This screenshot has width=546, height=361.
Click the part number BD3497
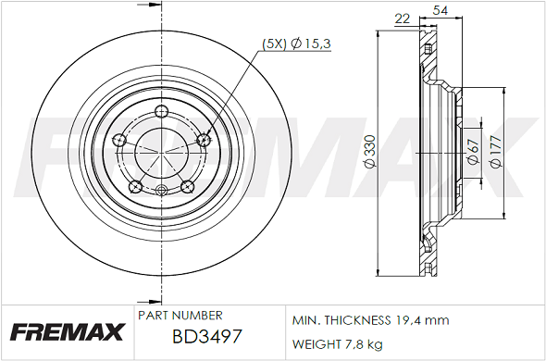[207, 337]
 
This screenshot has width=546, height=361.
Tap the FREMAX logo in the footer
[68, 331]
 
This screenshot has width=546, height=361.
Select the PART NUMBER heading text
[180, 316]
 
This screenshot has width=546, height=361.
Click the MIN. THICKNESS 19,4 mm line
[370, 320]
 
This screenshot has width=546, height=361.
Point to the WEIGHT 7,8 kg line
[337, 344]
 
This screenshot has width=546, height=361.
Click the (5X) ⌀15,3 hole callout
[296, 44]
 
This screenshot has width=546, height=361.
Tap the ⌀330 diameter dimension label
[371, 151]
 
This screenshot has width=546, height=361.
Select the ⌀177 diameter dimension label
[495, 152]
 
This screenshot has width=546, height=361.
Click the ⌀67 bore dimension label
[474, 153]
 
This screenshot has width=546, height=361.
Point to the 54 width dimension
[441, 10]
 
